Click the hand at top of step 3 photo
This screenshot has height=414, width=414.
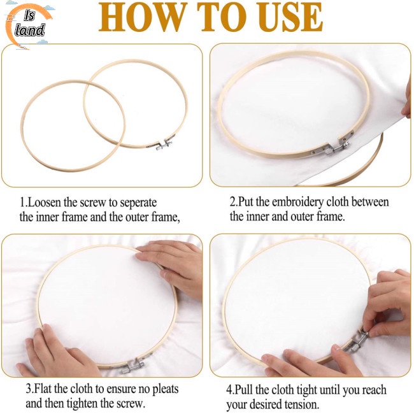point(172,261)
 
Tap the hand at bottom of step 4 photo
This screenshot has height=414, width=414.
point(306,363)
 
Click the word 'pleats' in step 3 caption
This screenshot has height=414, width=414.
point(161,389)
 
